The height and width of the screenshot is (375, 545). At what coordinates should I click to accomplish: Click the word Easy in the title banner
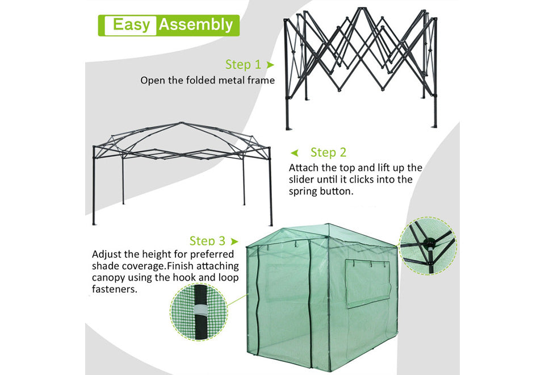coord(131,25)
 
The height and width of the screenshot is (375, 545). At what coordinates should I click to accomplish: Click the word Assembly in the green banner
coord(196,25)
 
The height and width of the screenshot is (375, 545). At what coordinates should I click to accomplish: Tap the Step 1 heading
coord(243,64)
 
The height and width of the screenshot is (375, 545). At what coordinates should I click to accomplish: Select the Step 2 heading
coord(329,152)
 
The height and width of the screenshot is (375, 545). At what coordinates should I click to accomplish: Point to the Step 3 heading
coord(207,241)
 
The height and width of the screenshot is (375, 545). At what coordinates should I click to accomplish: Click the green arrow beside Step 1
coord(270,65)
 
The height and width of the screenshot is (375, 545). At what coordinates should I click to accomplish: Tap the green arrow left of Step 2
coord(295,153)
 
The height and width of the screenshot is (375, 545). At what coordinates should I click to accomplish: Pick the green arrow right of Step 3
coord(234,241)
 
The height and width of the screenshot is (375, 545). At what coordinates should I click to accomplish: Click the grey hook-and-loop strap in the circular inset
coord(200,310)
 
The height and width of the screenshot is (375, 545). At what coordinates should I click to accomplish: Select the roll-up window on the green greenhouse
coord(368,283)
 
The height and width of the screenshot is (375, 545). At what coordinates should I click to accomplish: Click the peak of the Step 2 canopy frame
coord(182,123)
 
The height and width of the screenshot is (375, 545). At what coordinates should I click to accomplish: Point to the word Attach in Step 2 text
coord(303,168)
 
